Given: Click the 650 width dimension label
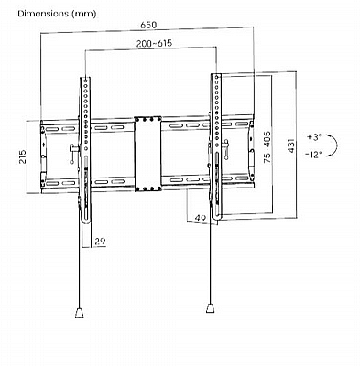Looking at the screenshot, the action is [148, 25].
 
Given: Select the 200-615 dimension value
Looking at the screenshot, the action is [154, 43].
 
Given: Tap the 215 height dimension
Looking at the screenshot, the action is [23, 156].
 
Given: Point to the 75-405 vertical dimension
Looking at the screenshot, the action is [267, 146].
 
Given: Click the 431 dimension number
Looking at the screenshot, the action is [291, 145].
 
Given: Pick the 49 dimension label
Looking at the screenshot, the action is [201, 218].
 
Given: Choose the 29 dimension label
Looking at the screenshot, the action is [100, 242].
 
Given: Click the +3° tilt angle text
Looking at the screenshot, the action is [314, 137].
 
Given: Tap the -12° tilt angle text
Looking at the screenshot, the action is [313, 155].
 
